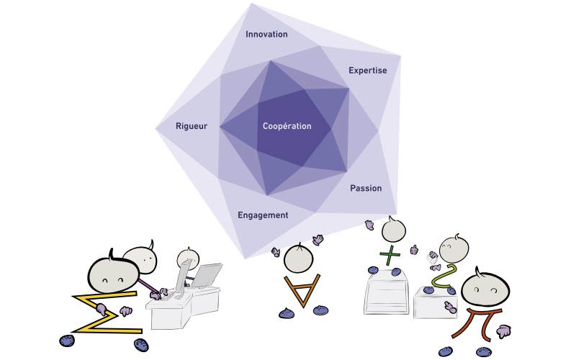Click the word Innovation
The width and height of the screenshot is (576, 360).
click(x=266, y=34)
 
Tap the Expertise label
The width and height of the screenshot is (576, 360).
click(x=367, y=70)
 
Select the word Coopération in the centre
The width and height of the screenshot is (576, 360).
click(x=287, y=126)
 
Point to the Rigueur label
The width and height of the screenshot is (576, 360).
click(x=192, y=126)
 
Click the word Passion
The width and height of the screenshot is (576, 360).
click(x=366, y=188)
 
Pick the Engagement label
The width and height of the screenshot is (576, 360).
click(x=263, y=215)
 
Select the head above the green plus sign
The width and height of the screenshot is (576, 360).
click(x=393, y=230)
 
